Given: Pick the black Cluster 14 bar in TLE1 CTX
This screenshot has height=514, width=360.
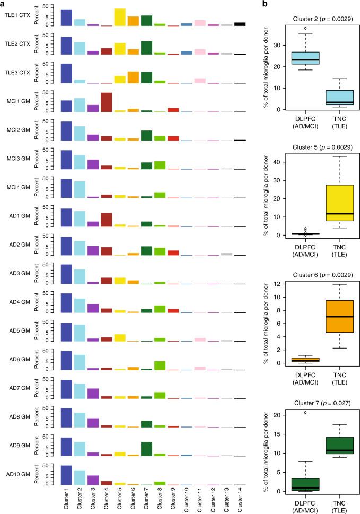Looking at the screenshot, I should pos(240,24).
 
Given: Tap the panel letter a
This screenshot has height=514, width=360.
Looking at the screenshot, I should pos(3,4).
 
